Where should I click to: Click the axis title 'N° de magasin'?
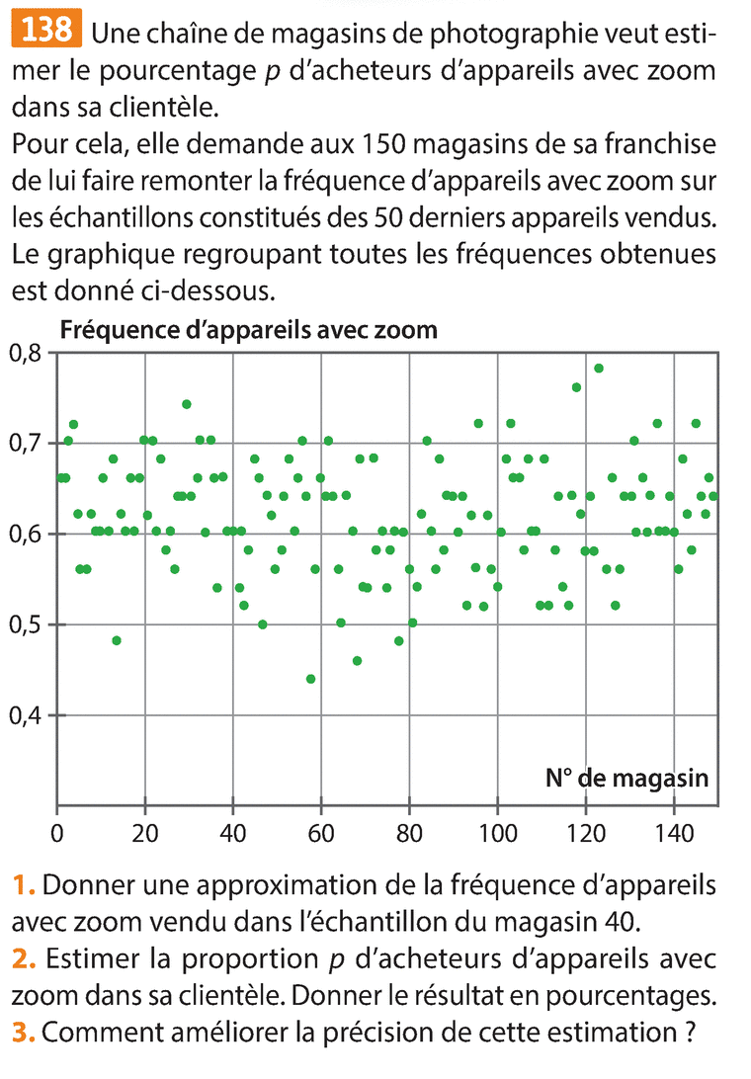[626, 778]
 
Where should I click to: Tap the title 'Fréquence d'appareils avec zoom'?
[249, 329]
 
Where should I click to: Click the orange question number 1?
[23, 884]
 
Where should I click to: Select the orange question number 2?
[24, 957]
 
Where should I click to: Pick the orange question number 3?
[24, 1033]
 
